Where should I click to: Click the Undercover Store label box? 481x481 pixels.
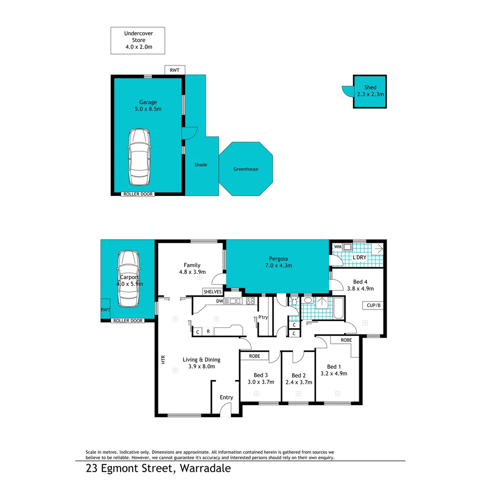point(138,41)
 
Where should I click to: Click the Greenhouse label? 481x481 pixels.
point(246,169)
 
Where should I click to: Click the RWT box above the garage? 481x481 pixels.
point(175,70)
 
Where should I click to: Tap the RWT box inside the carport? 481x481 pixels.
point(106,310)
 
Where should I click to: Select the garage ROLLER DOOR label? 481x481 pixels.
point(138,194)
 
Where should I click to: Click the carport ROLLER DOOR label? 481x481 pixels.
point(127,321)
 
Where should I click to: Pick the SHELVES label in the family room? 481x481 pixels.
point(212,292)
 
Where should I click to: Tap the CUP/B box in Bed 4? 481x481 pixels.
point(373,306)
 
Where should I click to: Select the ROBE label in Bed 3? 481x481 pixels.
point(255,356)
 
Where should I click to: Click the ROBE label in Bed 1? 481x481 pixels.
point(346,340)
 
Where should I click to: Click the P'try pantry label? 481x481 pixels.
point(262,318)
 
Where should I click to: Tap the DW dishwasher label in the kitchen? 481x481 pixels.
point(220,302)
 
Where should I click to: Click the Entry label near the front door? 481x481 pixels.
point(226,397)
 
